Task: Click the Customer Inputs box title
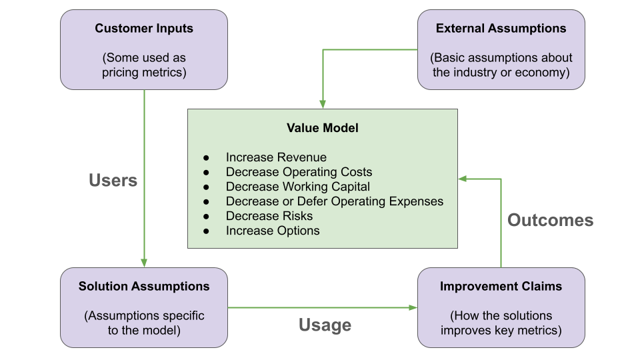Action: click(144, 29)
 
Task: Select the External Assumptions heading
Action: click(501, 29)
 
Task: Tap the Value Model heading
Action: click(322, 128)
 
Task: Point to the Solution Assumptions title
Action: click(144, 287)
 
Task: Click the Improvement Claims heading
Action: click(501, 287)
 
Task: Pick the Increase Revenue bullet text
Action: click(276, 157)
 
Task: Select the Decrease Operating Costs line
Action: click(299, 172)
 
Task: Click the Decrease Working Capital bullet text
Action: click(298, 187)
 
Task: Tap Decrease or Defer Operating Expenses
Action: click(334, 201)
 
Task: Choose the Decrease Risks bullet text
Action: click(269, 216)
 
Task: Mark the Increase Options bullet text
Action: click(273, 231)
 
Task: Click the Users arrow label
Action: click(113, 180)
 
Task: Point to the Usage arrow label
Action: click(325, 325)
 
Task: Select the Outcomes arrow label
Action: click(550, 220)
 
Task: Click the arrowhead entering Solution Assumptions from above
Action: click(144, 263)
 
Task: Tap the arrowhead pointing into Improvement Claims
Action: click(413, 307)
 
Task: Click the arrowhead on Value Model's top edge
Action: click(323, 104)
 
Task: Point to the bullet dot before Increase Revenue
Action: click(207, 158)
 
